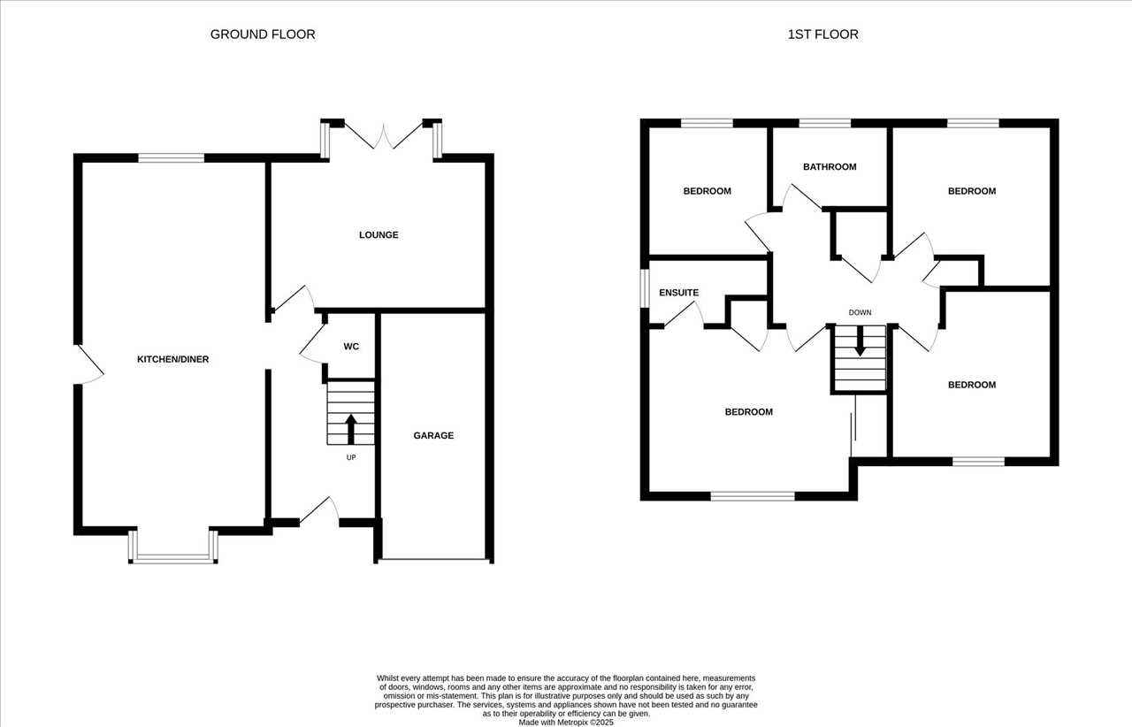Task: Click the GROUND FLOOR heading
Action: click(263, 34)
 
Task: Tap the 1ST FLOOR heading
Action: click(822, 34)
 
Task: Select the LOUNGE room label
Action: click(379, 234)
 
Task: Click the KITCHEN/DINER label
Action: click(172, 359)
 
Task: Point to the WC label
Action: click(351, 347)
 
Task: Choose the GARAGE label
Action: click(433, 435)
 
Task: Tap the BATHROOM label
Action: click(830, 167)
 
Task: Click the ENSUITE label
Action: click(678, 293)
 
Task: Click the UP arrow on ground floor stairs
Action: click(351, 429)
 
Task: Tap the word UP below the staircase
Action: click(351, 457)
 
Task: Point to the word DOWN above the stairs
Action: click(860, 312)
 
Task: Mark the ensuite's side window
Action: click(645, 288)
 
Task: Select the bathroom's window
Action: click(825, 123)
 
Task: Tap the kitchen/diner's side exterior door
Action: click(89, 364)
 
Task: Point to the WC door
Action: click(313, 343)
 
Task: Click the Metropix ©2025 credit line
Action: click(566, 723)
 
